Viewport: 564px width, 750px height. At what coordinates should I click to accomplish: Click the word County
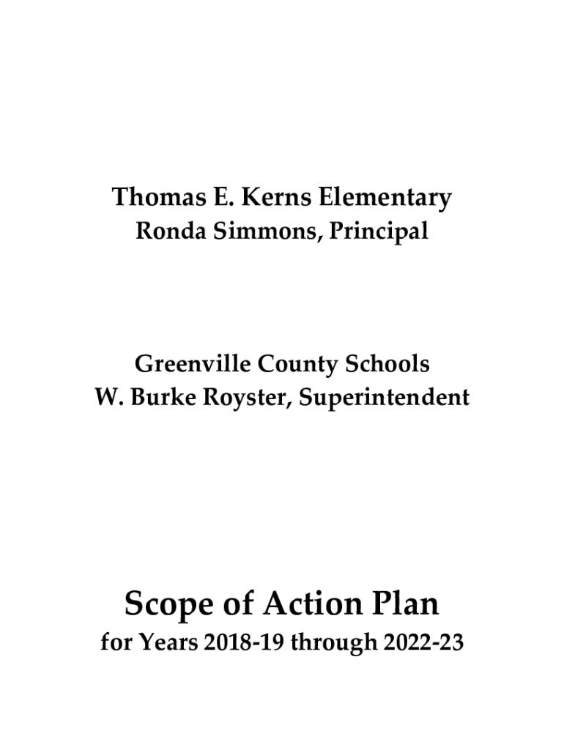point(297,364)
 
